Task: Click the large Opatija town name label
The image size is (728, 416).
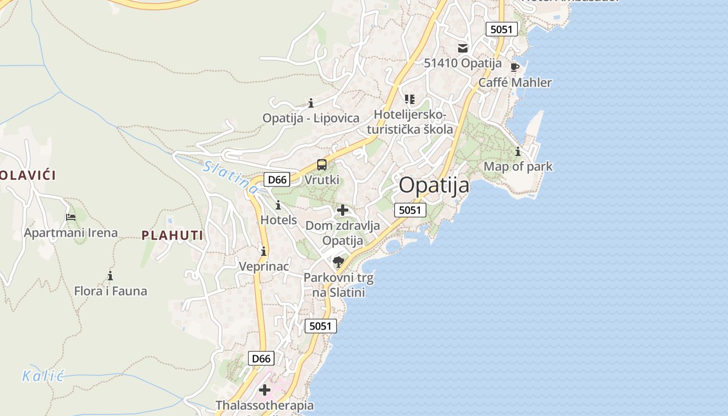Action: point(434,185)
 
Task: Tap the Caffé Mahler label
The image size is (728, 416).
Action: point(515,82)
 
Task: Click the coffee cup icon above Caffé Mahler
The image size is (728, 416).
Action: point(514,67)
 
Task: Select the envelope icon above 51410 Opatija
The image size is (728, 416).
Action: point(462,48)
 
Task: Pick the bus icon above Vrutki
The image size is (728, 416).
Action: point(322,165)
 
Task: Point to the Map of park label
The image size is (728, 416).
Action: point(518,166)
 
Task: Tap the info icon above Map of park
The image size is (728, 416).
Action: point(518,152)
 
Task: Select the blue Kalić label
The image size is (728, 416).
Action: point(43,375)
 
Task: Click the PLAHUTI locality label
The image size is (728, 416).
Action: point(172,236)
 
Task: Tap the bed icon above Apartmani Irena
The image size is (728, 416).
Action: point(71,217)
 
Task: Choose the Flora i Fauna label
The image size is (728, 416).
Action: point(110,291)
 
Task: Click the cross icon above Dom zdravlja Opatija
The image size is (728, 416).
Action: point(343,211)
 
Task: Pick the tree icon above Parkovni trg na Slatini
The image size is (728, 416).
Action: point(339,262)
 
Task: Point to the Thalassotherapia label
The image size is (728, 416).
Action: point(265,405)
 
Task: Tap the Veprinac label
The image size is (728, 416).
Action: point(264,266)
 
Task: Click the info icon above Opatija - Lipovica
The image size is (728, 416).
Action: point(311,103)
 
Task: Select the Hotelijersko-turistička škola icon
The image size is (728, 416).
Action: point(410,99)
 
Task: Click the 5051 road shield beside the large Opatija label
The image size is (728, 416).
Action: point(410,210)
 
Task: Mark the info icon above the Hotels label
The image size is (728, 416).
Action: point(278,205)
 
